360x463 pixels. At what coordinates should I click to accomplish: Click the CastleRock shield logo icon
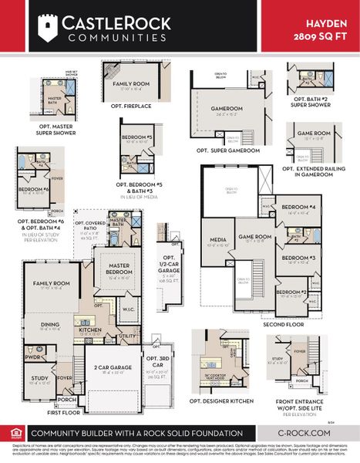49,27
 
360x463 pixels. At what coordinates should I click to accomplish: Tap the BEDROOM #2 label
292,292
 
